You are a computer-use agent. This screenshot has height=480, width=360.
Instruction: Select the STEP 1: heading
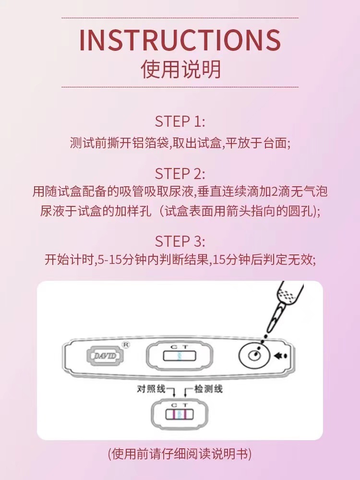(x=180, y=121)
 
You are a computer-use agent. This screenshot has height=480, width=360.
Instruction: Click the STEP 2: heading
(x=180, y=173)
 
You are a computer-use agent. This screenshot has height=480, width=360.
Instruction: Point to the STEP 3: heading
(x=180, y=241)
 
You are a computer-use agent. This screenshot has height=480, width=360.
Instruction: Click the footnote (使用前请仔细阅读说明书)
(x=180, y=454)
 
